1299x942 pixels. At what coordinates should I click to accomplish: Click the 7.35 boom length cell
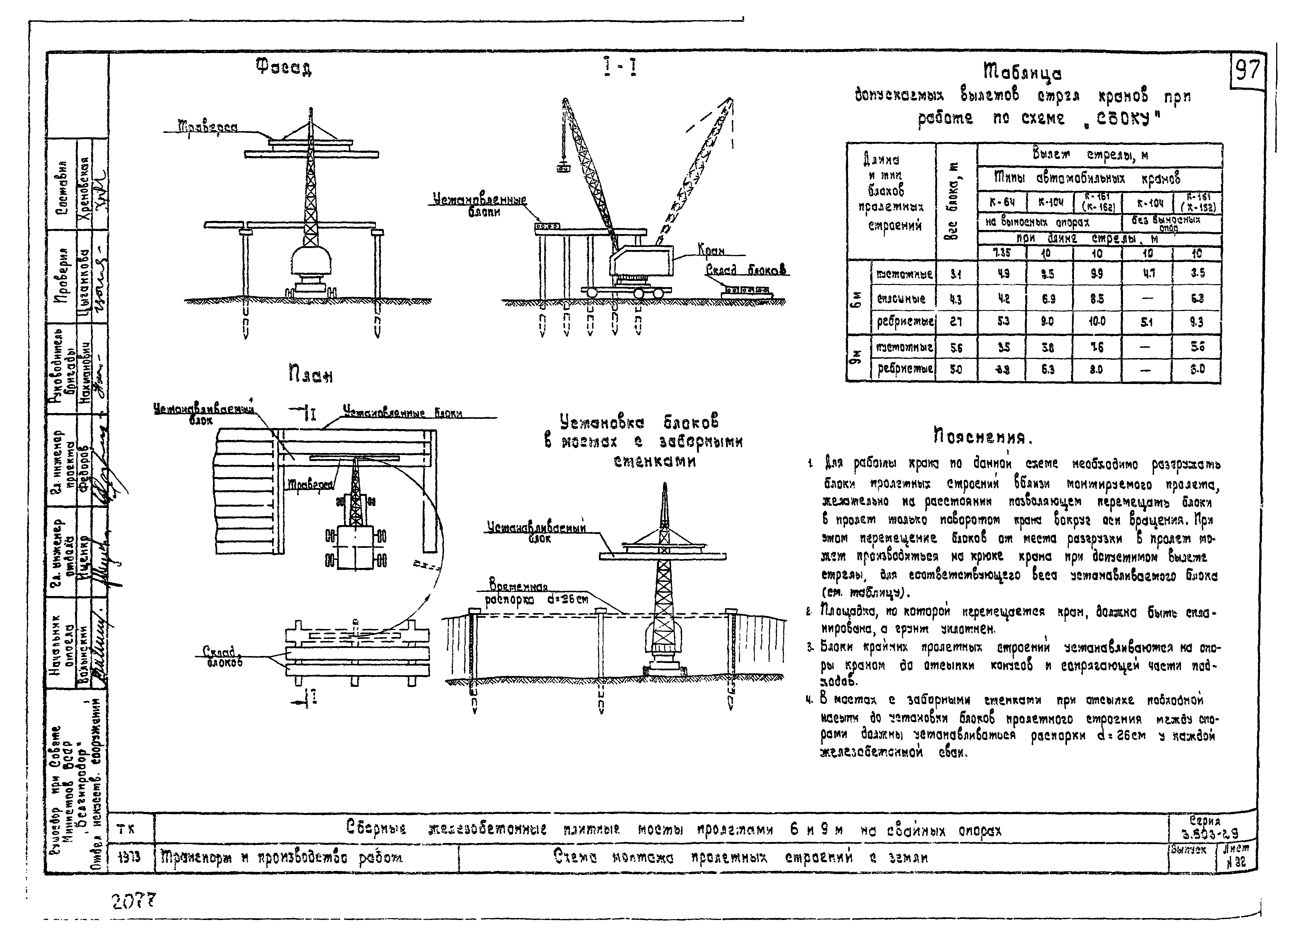click(1002, 253)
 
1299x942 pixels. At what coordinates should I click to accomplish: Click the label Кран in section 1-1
click(711, 250)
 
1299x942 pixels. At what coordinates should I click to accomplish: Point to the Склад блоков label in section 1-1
click(746, 270)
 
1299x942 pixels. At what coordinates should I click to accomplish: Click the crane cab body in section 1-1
click(642, 261)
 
